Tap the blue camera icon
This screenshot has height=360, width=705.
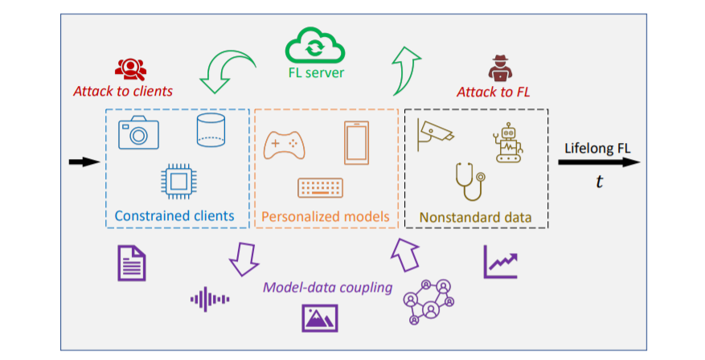138,132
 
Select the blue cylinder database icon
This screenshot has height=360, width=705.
211,130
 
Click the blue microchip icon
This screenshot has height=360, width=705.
178,182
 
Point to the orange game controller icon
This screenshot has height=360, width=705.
284,145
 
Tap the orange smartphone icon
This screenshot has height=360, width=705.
357,142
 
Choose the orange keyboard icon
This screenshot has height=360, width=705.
321,188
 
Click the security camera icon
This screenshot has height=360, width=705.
434,134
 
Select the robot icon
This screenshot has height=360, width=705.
508,142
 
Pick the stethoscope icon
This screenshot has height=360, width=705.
469,181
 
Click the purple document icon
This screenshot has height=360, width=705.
132,263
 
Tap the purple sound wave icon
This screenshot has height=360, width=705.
210,299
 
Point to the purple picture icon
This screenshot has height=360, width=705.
320,318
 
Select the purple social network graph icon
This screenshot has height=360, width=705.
428,301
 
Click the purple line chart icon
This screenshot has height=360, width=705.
501,262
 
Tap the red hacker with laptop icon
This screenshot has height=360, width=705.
501,68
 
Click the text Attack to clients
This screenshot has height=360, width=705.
123,92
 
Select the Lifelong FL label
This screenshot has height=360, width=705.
597,149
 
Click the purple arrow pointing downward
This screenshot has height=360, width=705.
244,260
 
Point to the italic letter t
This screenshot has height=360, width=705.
599,181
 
